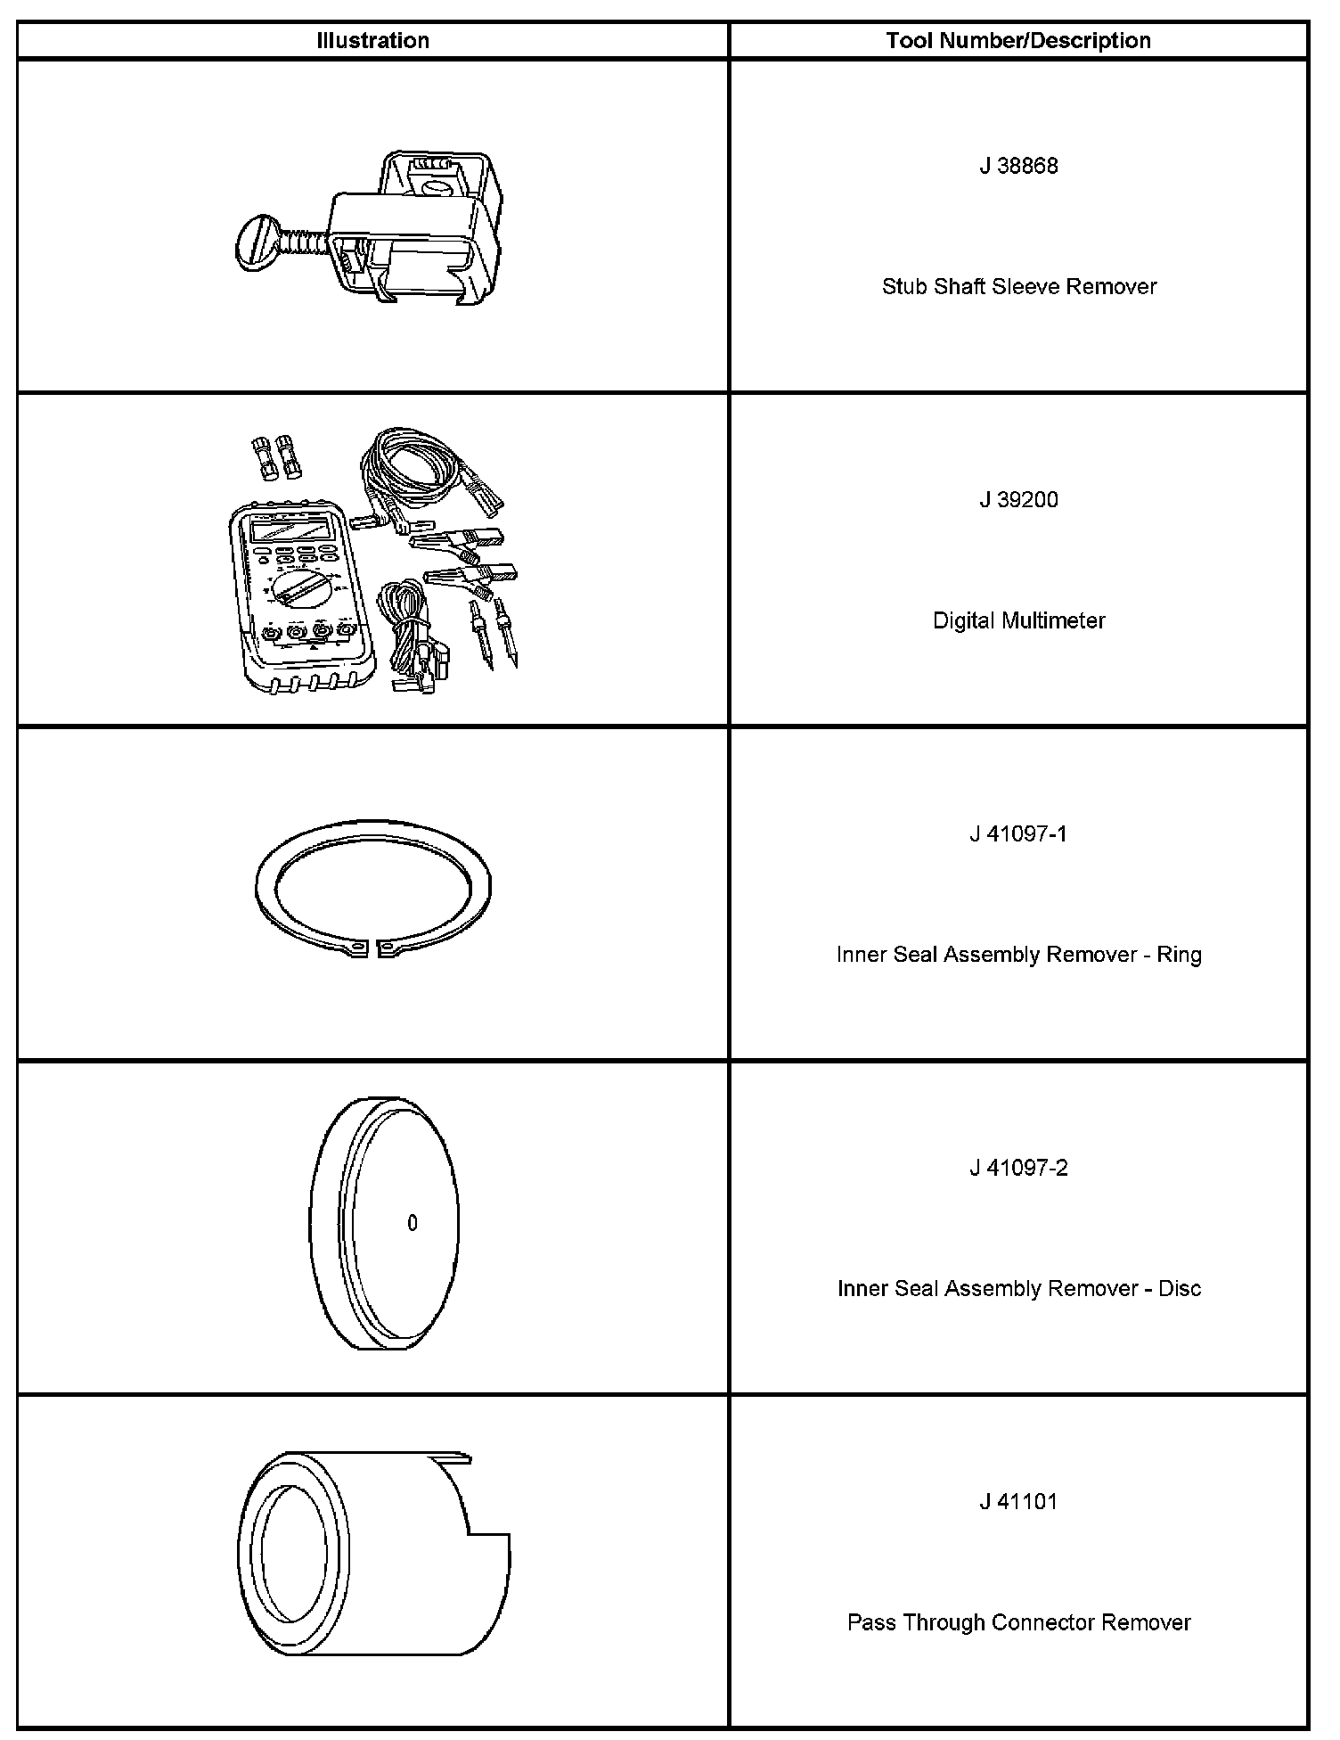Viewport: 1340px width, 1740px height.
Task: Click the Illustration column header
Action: pos(372,41)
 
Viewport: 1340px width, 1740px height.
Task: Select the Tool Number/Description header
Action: pos(1017,41)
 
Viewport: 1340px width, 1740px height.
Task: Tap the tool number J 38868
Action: pos(1018,167)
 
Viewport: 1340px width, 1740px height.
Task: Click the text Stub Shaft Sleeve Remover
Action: pos(1018,287)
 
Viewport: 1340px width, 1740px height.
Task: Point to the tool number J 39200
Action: pos(1018,500)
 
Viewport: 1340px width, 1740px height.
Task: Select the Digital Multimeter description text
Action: pos(1018,620)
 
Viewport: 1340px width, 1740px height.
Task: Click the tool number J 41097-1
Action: pos(1017,834)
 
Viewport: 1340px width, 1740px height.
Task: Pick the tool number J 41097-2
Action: pos(1017,1168)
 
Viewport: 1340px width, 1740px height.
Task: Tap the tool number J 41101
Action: pos(1018,1502)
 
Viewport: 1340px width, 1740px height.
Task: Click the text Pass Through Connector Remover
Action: pos(1018,1622)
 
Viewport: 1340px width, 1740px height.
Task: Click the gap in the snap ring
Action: pos(372,948)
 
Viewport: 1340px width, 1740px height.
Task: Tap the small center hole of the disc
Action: pos(412,1224)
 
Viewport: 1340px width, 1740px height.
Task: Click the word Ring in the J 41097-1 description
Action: pos(1179,955)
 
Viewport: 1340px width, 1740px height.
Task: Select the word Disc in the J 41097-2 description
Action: pos(1180,1289)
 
